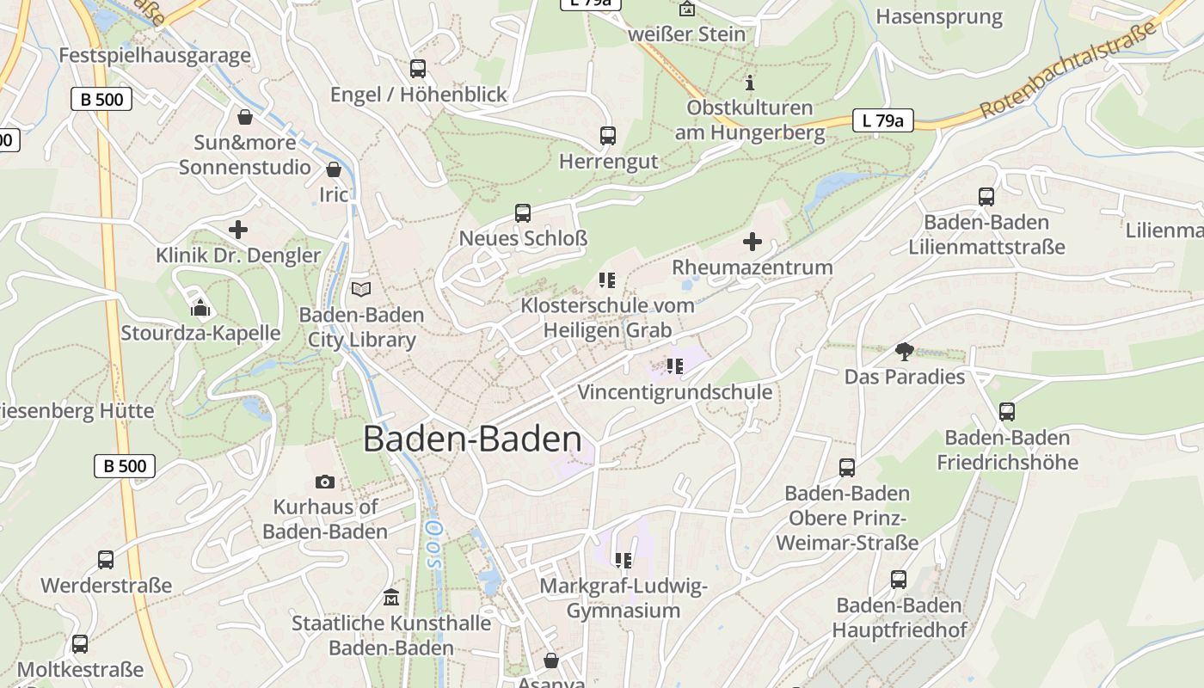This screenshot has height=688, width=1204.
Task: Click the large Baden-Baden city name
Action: (x=472, y=439)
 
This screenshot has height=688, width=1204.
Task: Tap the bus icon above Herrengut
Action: (x=607, y=136)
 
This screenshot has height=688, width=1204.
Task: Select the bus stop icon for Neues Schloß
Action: (x=522, y=213)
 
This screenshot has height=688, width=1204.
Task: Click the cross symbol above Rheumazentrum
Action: (x=752, y=242)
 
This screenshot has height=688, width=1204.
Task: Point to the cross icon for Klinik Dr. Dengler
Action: (x=238, y=230)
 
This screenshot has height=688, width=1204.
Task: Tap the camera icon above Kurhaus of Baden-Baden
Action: (x=324, y=482)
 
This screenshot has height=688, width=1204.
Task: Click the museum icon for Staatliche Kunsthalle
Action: (x=391, y=597)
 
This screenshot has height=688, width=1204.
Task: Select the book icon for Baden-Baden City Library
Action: (x=361, y=290)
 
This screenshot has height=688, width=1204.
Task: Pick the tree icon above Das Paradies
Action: (x=904, y=351)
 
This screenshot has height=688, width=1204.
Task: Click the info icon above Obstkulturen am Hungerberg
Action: (x=750, y=83)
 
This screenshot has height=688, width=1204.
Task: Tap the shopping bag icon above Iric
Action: (x=334, y=169)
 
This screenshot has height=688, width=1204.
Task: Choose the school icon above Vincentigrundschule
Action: (x=674, y=366)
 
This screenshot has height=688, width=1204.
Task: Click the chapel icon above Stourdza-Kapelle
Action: (x=200, y=307)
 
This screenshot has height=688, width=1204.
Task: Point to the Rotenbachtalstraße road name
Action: (x=1068, y=71)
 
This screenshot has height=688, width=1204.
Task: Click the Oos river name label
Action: (x=433, y=544)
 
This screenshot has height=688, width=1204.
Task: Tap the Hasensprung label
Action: (x=939, y=17)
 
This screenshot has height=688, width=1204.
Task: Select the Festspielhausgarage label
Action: (x=155, y=56)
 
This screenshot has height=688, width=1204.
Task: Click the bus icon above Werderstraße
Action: (x=106, y=560)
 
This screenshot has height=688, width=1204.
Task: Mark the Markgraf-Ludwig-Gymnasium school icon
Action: (x=623, y=561)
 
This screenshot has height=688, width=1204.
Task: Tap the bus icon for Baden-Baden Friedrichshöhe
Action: (x=1006, y=412)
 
